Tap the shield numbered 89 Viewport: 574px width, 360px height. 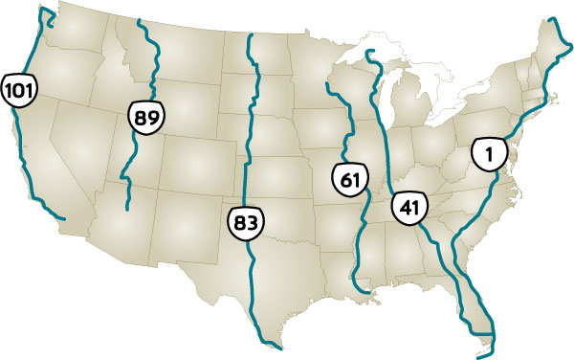pos(145,120)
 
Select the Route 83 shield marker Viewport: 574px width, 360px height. pos(246,223)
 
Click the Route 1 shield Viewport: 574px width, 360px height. pos(489,153)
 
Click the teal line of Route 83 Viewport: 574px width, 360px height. pos(252,115)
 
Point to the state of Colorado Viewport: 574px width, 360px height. pos(187,172)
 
